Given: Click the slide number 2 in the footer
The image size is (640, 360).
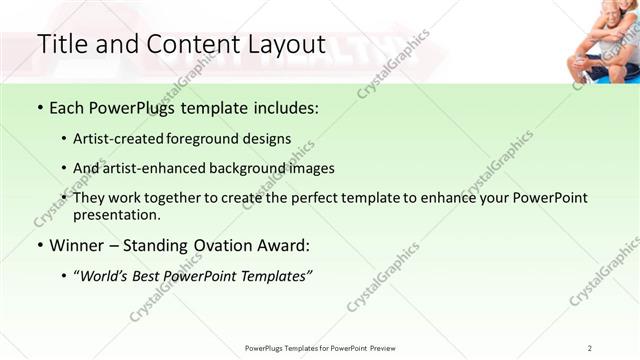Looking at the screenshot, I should (x=590, y=348).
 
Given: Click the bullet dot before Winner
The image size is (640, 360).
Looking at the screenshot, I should (x=39, y=246).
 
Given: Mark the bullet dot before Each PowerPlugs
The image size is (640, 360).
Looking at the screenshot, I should (x=39, y=108).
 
